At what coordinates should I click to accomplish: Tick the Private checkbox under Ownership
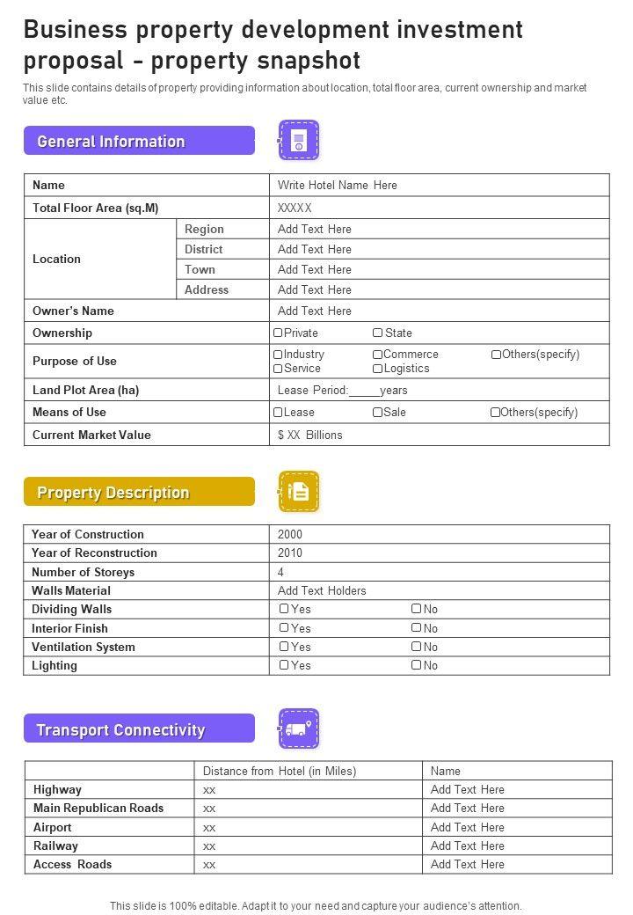[278, 333]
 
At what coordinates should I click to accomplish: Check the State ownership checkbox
[377, 333]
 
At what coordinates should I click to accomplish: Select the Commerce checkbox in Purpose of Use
[377, 355]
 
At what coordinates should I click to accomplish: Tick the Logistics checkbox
[377, 369]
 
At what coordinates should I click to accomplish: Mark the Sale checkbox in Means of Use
[377, 413]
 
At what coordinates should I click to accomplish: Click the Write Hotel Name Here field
[337, 186]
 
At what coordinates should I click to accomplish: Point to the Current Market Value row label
[91, 436]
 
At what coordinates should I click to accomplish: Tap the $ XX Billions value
[309, 436]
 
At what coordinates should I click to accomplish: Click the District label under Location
[203, 250]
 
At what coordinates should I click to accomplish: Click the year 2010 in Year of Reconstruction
[289, 553]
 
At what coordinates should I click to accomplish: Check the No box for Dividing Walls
[417, 609]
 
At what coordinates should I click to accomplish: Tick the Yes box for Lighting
[284, 666]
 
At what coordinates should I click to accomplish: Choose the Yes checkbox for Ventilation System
[284, 647]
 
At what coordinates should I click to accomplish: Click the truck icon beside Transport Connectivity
[299, 729]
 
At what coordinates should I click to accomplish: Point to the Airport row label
[53, 828]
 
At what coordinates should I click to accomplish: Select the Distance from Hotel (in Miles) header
[280, 772]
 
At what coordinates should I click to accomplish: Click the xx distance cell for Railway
[209, 846]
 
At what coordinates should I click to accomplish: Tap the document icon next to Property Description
[299, 492]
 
